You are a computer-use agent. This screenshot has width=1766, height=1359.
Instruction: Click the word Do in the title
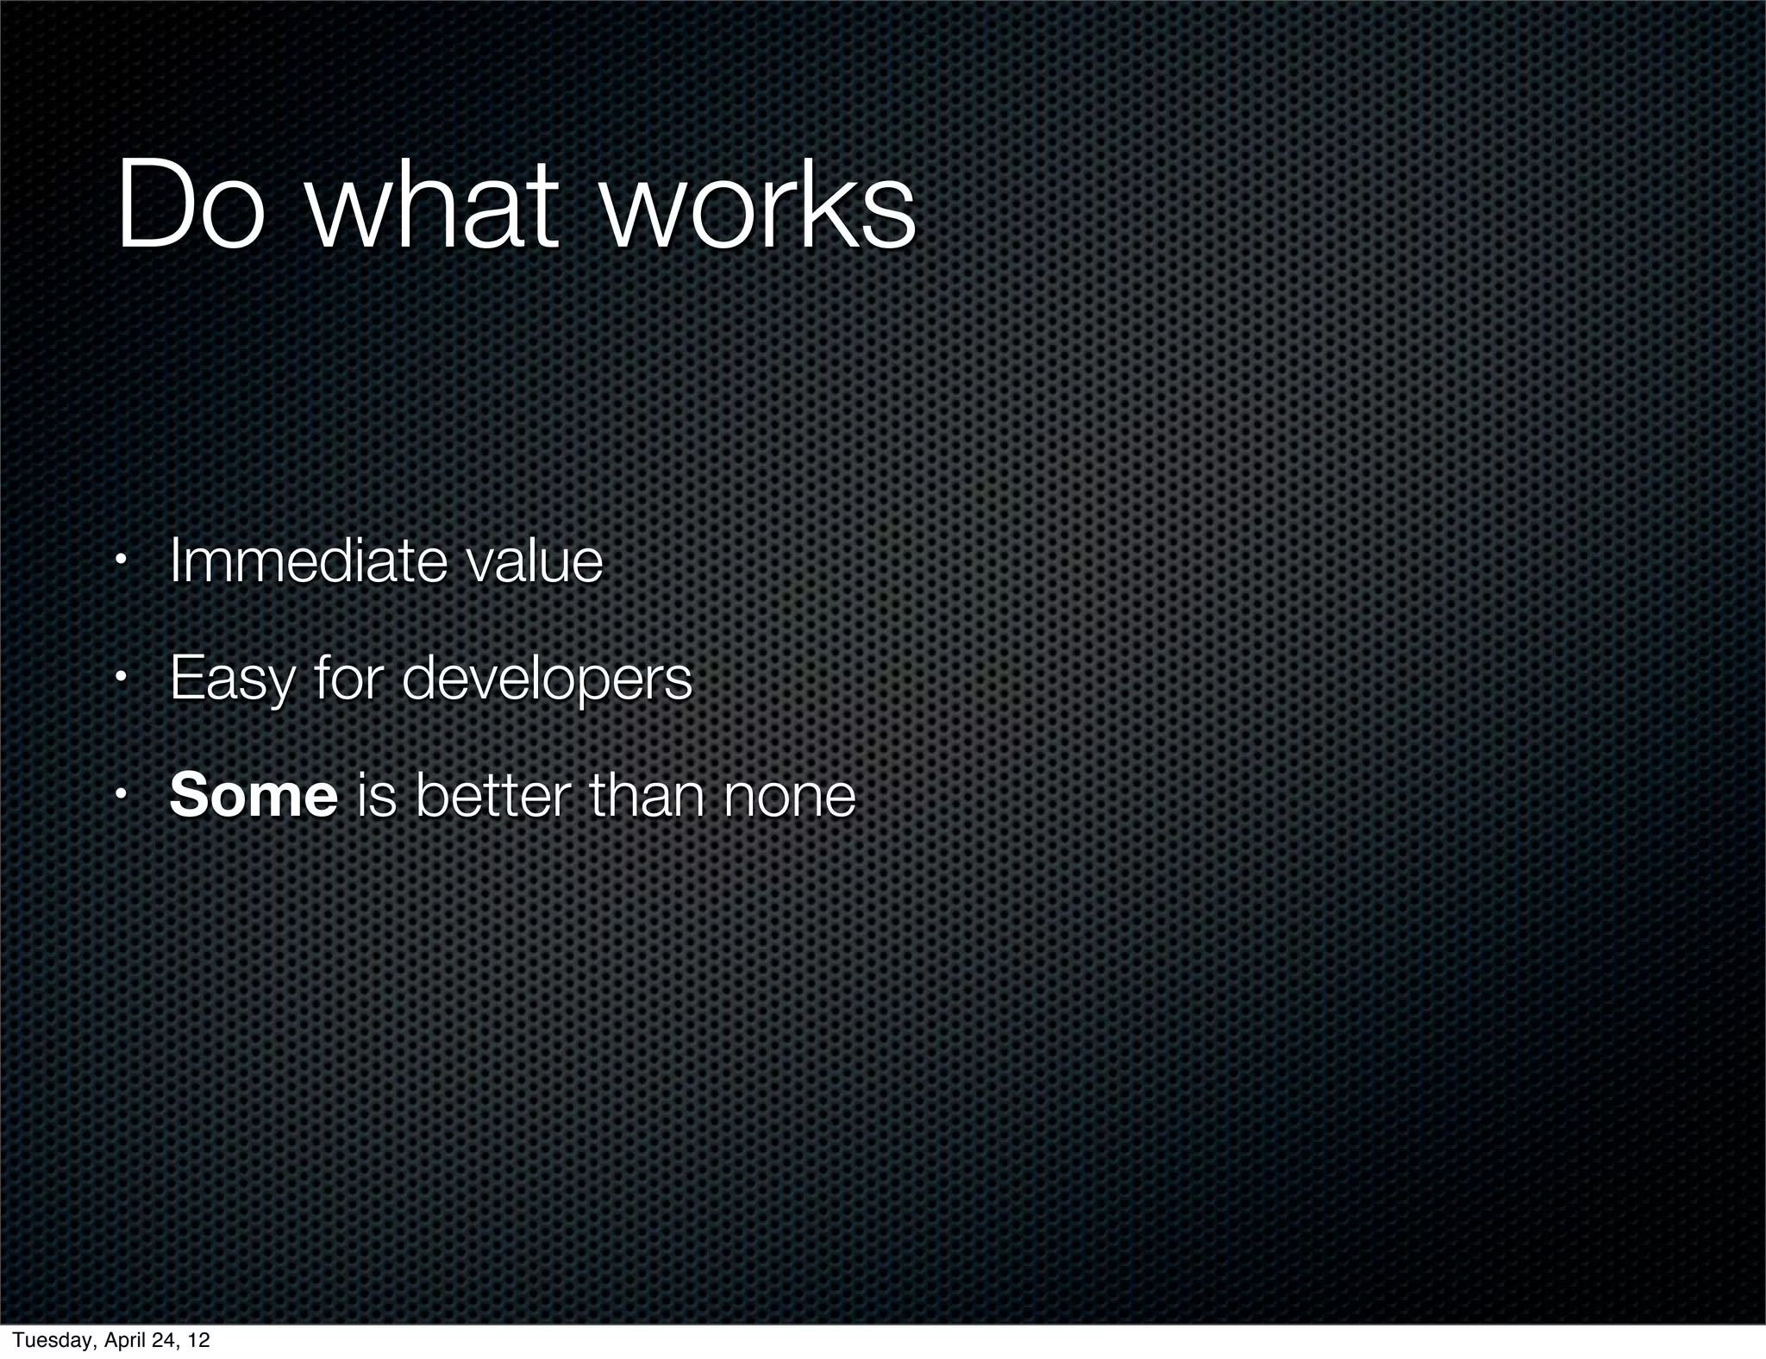click(191, 207)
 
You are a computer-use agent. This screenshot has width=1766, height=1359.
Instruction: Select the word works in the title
click(759, 207)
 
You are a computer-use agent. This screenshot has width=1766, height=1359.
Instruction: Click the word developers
click(547, 679)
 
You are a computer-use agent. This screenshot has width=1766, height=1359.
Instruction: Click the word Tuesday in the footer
click(50, 1340)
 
